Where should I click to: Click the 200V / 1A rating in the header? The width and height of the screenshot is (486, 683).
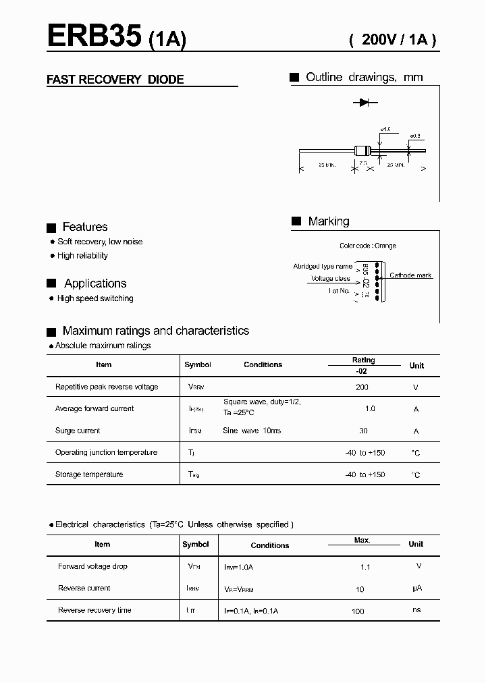(x=393, y=40)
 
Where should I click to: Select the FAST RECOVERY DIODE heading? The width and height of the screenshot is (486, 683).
(x=115, y=80)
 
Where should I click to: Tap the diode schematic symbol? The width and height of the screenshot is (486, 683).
(x=365, y=103)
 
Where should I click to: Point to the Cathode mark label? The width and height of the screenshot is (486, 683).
(x=410, y=275)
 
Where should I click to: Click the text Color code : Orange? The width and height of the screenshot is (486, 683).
(x=368, y=246)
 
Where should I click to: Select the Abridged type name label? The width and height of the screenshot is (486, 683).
(x=323, y=267)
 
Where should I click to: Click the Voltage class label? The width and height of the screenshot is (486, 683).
(x=330, y=279)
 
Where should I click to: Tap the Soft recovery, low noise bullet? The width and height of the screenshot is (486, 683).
(x=100, y=242)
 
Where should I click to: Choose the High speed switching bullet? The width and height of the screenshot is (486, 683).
(x=95, y=298)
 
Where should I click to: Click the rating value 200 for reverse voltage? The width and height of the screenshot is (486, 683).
(x=362, y=387)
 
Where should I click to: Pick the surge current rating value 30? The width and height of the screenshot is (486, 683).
(x=364, y=431)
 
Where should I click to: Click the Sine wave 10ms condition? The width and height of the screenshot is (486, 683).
(x=252, y=431)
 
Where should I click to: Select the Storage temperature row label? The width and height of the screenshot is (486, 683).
(x=89, y=474)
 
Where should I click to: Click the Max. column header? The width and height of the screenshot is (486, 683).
(x=362, y=541)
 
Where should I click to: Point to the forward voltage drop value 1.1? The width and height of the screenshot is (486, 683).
(x=365, y=567)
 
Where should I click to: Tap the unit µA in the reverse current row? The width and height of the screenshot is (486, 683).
(x=416, y=589)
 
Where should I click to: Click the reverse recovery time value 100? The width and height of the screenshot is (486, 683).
(x=358, y=611)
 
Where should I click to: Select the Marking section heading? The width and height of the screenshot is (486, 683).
(x=328, y=221)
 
